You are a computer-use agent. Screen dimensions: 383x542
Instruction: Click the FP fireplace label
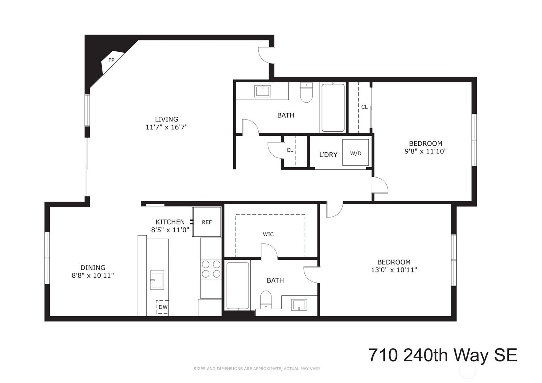click(111, 60)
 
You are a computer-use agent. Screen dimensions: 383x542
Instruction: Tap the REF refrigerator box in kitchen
click(207, 222)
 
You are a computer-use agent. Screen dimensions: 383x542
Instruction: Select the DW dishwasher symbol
click(163, 307)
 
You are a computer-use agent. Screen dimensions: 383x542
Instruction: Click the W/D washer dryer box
click(355, 153)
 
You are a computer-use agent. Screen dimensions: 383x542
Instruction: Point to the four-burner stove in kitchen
click(211, 269)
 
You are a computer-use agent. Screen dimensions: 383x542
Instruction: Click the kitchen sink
click(157, 280)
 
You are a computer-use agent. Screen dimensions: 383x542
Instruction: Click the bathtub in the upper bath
click(333, 108)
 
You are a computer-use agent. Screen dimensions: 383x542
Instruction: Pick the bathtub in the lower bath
click(238, 285)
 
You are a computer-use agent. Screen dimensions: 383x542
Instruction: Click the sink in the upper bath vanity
click(263, 91)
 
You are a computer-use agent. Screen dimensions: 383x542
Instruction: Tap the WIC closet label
click(268, 234)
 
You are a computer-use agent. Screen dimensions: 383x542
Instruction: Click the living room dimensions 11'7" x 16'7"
click(167, 127)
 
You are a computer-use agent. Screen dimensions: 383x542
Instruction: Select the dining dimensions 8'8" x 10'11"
click(93, 275)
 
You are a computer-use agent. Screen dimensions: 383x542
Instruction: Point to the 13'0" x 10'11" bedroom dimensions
click(394, 270)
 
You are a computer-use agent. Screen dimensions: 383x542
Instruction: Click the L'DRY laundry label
click(328, 155)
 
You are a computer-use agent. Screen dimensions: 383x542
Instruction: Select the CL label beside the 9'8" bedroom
click(364, 107)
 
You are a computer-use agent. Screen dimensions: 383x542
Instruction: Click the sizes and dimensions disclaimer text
click(257, 369)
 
